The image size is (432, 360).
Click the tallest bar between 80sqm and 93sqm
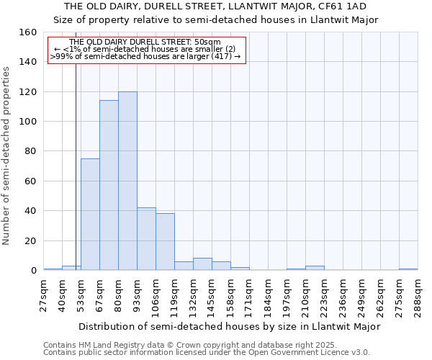(127, 181)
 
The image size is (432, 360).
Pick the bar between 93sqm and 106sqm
(146, 238)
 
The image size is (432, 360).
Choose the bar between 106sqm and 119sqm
(165, 241)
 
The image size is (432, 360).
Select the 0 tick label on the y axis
(34, 271)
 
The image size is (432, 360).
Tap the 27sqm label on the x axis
(44, 296)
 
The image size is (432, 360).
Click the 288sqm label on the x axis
(418, 296)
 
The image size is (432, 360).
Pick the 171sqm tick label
(250, 296)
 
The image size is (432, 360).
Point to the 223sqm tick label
(325, 296)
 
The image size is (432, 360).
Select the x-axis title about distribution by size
(229, 326)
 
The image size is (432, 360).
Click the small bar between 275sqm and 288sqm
(408, 269)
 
